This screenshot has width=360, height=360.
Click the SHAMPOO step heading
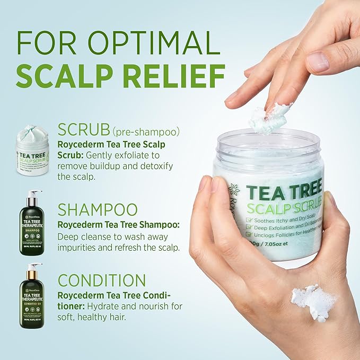[x=98, y=209]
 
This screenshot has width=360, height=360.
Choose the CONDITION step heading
[x=101, y=280]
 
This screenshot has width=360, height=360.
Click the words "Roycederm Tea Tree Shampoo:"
[x=118, y=225]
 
